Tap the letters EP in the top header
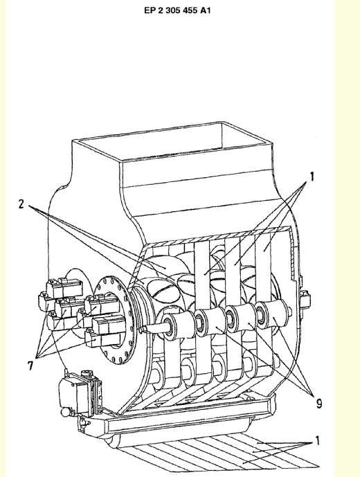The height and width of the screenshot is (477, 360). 150,10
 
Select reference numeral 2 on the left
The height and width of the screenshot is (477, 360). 21,204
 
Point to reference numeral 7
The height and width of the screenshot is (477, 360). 30,365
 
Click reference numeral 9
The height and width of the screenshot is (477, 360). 319,404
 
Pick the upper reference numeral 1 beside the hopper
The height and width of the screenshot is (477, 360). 312,177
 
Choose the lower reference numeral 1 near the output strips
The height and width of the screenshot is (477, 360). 317,440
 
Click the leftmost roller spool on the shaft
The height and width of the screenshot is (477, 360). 176,325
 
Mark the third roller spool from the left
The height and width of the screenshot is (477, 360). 240,318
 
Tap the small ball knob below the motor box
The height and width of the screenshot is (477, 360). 65,413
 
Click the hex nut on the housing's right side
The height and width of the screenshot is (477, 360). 305,297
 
